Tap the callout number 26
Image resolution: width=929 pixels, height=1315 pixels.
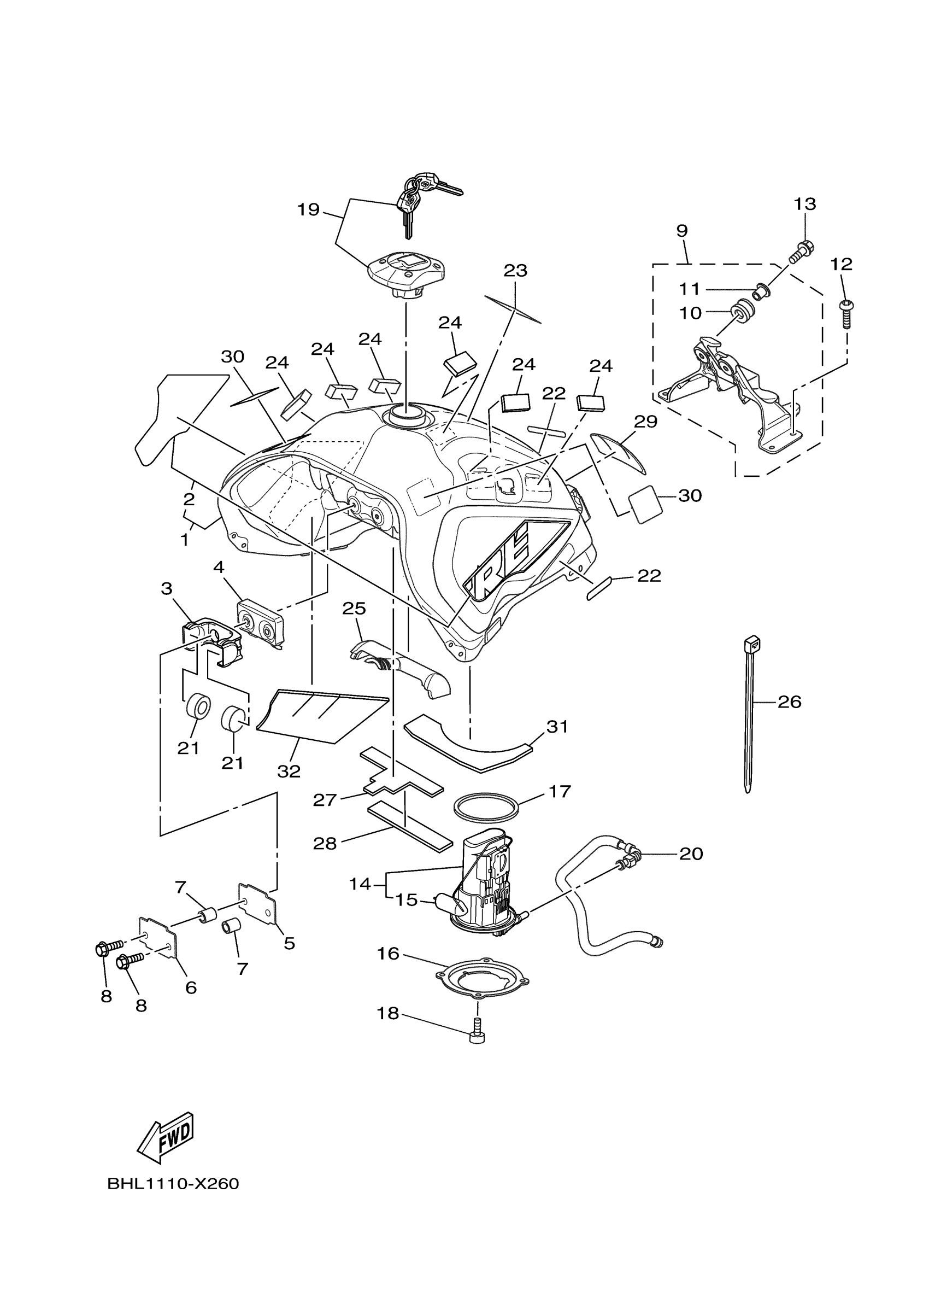[789, 702]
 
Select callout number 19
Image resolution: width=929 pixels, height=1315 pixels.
[308, 209]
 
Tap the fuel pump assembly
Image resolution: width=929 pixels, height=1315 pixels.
[486, 882]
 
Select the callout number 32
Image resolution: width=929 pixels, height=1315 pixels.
[289, 772]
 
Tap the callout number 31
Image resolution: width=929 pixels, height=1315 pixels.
[557, 726]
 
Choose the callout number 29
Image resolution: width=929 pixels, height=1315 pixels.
[646, 422]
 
